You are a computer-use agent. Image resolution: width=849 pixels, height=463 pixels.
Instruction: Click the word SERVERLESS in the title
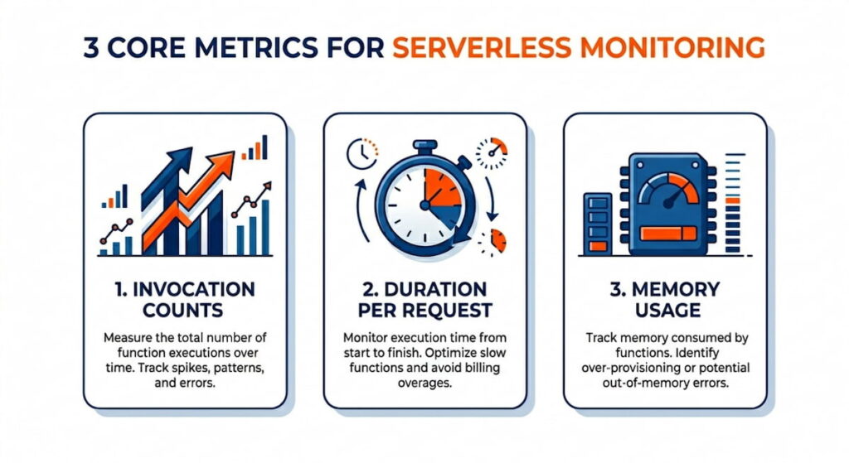click(x=482, y=47)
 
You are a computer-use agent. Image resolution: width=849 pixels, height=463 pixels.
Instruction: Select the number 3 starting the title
click(x=91, y=47)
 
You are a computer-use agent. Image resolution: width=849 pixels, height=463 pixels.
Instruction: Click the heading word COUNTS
click(x=183, y=311)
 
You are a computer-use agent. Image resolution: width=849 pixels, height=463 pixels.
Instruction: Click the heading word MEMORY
click(x=676, y=289)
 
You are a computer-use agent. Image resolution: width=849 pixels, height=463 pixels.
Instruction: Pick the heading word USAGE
click(x=667, y=311)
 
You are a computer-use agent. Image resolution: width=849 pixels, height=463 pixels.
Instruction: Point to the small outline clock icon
click(x=361, y=154)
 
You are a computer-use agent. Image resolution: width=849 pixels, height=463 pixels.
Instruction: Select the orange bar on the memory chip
click(x=668, y=233)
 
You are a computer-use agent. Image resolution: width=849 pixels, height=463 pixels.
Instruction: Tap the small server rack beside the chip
click(x=598, y=224)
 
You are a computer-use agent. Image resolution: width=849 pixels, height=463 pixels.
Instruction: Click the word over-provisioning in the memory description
click(x=631, y=368)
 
